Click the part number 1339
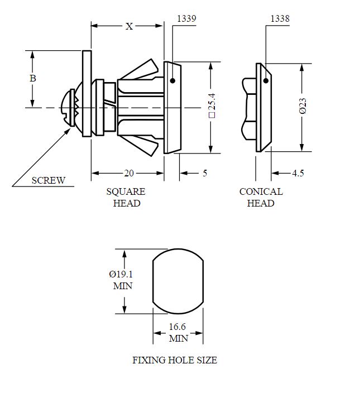point(186,19)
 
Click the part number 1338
point(280,19)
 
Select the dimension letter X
point(129,26)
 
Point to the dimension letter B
point(32,79)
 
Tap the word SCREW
point(48,180)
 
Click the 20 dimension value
point(129,173)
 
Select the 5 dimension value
point(205,173)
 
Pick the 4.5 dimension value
point(297,173)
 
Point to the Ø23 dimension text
point(303,106)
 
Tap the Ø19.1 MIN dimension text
point(122,280)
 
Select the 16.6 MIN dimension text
point(178,333)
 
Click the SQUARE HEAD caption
point(126,197)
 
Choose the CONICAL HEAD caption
point(261,197)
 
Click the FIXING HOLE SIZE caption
point(174,360)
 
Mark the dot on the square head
point(172,82)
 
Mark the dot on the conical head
point(266,81)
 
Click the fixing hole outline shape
point(177,281)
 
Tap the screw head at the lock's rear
point(70,107)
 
